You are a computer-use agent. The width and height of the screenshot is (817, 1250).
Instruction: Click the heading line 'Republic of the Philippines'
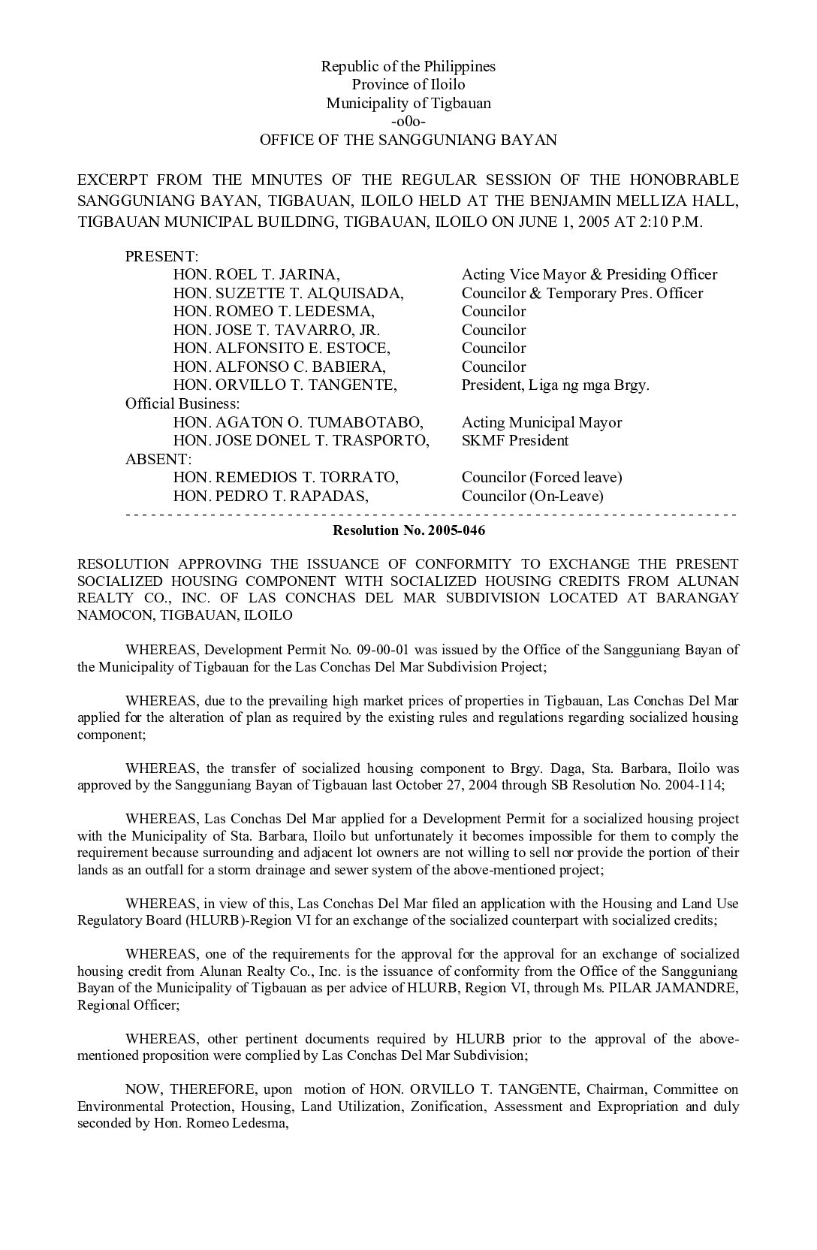408,67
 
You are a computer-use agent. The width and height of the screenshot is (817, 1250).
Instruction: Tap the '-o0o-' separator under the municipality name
408,122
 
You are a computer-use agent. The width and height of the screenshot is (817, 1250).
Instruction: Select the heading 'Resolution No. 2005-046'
408,530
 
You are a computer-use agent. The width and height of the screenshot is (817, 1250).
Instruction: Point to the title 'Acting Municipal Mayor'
541,423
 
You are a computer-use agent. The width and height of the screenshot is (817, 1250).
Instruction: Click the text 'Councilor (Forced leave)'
541,478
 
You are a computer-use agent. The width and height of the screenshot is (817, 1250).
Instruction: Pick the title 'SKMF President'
515,441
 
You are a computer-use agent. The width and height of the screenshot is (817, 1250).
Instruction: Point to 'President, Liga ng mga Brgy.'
555,385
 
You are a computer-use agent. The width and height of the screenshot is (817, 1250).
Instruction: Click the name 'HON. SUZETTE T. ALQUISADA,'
288,293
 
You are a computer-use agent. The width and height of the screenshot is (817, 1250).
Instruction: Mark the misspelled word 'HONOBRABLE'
685,180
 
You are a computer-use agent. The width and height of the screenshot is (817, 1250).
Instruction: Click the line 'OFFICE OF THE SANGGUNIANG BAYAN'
408,140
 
